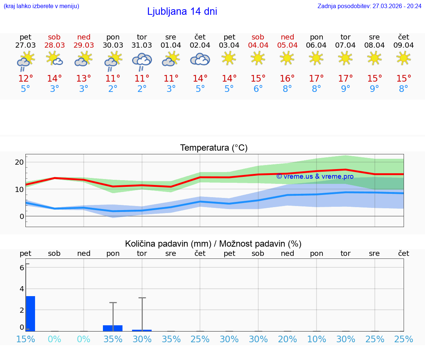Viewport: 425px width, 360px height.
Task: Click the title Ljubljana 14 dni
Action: (182, 11)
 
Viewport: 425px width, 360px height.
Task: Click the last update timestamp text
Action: (369, 6)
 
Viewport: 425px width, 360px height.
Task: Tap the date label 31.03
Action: (142, 45)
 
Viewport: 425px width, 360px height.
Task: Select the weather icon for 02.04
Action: (200, 59)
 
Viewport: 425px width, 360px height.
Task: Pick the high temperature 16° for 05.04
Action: (287, 78)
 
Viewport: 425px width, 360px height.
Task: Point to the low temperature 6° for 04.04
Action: (258, 89)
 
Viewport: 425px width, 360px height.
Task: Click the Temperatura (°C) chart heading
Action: (214, 148)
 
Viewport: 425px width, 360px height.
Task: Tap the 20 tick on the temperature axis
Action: (19, 162)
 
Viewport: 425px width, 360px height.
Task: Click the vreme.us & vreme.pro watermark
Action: (315, 176)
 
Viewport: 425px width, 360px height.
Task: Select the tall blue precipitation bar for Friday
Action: (30, 313)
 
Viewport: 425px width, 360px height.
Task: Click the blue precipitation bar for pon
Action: (113, 328)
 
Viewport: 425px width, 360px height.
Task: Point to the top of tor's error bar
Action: (142, 298)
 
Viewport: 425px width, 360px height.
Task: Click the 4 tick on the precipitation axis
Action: (21, 288)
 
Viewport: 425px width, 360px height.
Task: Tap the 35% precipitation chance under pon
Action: (113, 339)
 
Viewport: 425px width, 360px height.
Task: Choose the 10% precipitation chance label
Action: (317, 339)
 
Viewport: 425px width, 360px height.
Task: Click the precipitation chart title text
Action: (213, 244)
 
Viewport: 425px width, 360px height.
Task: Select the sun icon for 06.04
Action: (316, 58)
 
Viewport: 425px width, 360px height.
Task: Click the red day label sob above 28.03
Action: (54, 37)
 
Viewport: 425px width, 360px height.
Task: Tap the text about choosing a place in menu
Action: (41, 6)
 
